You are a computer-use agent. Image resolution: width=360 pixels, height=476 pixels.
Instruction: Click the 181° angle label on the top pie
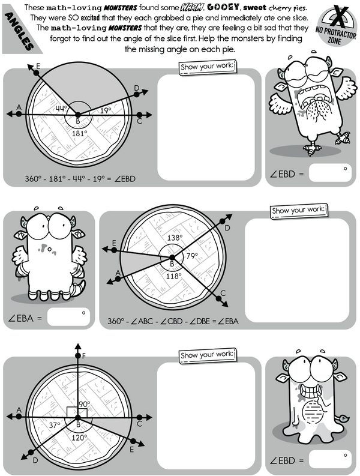click(x=80, y=133)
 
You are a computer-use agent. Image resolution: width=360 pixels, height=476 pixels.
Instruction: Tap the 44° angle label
click(x=61, y=108)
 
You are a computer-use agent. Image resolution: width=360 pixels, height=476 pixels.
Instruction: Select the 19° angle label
click(x=106, y=110)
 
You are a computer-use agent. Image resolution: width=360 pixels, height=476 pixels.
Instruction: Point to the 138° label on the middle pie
click(x=175, y=237)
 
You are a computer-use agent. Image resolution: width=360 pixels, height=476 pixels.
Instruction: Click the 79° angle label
click(x=192, y=256)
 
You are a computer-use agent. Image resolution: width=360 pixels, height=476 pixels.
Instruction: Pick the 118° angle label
click(x=173, y=276)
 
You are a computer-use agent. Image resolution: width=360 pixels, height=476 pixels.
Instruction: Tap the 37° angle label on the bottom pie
click(x=55, y=425)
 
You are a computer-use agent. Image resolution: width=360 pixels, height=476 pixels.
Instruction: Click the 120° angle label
click(x=80, y=438)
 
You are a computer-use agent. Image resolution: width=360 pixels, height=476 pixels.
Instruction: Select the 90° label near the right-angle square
click(x=85, y=404)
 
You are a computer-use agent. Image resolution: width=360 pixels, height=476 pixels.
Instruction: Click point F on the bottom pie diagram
click(x=78, y=355)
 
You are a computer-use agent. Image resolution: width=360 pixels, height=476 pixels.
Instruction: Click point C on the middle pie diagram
click(x=218, y=299)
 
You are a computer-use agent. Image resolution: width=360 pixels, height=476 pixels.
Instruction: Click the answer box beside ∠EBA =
click(x=68, y=317)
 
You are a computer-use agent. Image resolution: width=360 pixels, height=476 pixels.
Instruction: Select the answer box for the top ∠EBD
click(x=330, y=173)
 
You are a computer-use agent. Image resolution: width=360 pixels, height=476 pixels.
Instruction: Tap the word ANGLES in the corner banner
click(x=19, y=31)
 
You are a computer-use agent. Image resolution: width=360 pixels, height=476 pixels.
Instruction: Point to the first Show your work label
click(x=208, y=67)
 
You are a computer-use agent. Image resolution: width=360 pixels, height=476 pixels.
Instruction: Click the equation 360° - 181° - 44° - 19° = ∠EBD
click(x=80, y=179)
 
